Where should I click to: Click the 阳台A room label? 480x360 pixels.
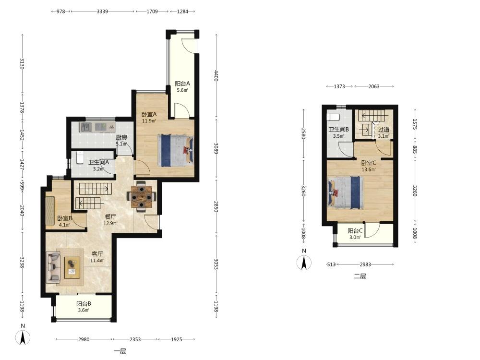[182, 83]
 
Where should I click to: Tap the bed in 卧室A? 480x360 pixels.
[176, 150]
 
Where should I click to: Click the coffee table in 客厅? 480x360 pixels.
[72, 267]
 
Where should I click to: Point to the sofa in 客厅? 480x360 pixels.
[53, 267]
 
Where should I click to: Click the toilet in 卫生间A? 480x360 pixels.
[80, 157]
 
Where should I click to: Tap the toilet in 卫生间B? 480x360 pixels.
[333, 117]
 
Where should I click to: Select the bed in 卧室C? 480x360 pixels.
[346, 192]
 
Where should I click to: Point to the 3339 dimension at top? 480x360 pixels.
[102, 12]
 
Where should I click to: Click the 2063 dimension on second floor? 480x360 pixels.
[374, 86]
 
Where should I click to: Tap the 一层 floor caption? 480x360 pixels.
[120, 351]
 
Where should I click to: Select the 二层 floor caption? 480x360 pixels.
[360, 276]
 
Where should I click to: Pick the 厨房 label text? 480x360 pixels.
[121, 137]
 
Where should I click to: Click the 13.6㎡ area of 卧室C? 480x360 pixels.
[369, 169]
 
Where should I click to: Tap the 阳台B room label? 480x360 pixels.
[84, 304]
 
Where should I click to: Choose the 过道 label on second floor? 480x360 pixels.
[384, 130]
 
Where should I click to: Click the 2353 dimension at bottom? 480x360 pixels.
[135, 339]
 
